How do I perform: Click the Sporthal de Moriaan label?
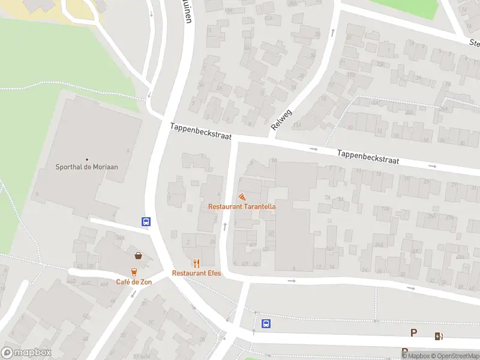pos(91,167)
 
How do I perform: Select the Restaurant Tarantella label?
pos(242,206)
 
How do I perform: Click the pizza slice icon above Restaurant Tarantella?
pos(242,197)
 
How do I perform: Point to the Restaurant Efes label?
pos(196,273)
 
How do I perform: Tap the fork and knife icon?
pos(196,263)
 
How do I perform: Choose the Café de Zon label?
pos(134,281)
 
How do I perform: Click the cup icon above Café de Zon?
pos(134,271)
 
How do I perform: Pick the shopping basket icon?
pos(139,255)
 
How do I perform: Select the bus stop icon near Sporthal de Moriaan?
pos(146,221)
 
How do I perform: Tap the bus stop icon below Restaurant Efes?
pos(266,324)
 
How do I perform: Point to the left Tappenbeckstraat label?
pos(200,131)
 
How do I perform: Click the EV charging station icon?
pos(439,337)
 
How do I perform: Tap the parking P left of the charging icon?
pos(414,333)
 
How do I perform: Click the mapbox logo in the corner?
pos(26,352)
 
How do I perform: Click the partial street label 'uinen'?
pos(187,12)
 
